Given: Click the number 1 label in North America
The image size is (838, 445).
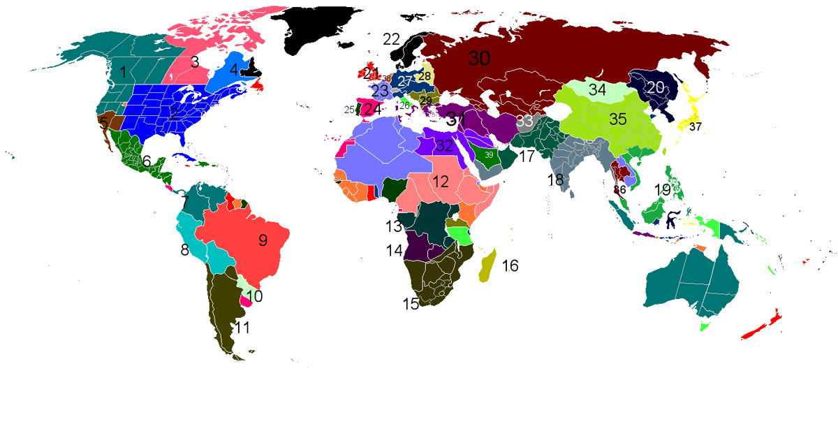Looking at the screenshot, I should click(x=123, y=71).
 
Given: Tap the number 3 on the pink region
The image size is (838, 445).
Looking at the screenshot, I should click(x=195, y=61).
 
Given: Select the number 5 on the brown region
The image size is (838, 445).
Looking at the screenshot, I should click(x=103, y=123).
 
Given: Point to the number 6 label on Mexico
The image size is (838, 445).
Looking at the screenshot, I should click(x=147, y=161).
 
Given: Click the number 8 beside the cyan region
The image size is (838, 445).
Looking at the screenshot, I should click(x=184, y=249).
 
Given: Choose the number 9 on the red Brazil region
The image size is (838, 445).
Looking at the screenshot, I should click(x=263, y=240).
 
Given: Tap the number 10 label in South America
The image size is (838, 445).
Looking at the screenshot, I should click(x=254, y=296).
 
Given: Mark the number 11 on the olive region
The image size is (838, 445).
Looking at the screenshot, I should click(x=242, y=328).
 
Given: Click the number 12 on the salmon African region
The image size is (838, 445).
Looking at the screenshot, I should click(x=440, y=182).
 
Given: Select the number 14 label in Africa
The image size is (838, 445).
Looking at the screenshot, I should click(x=395, y=250).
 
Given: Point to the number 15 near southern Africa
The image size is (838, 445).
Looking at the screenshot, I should click(x=411, y=304).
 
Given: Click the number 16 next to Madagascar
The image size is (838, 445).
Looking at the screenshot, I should click(x=510, y=265).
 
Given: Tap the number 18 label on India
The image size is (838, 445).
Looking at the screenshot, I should click(x=556, y=180).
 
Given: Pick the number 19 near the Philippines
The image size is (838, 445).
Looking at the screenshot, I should click(x=663, y=189).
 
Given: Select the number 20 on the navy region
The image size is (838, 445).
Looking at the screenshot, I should click(x=655, y=88).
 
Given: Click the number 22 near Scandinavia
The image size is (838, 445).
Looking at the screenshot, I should click(x=391, y=38).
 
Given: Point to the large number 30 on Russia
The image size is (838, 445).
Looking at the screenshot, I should click(x=479, y=59).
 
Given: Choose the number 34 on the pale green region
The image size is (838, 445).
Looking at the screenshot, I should click(x=597, y=89).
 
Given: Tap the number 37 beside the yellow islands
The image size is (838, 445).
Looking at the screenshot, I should click(x=695, y=127).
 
